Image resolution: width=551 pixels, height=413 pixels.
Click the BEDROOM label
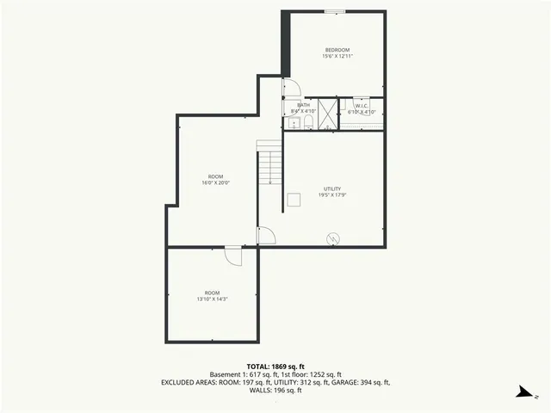[x=338, y=49]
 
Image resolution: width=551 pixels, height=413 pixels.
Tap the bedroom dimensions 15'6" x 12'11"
[x=338, y=56]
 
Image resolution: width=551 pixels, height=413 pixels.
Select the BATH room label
[x=304, y=105]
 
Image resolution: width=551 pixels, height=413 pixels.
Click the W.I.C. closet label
[x=362, y=105]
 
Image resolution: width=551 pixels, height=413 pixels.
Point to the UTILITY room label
[x=332, y=188]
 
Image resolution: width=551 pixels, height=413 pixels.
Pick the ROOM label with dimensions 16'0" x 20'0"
[x=215, y=176]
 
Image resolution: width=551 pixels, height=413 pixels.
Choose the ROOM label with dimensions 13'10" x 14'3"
[x=212, y=293]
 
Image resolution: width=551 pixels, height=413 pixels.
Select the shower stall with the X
[x=327, y=111]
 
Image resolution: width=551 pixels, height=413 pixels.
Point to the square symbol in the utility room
[x=294, y=200]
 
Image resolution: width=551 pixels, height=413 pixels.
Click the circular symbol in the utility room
[x=333, y=238]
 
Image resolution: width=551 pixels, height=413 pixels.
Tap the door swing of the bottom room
[x=234, y=256]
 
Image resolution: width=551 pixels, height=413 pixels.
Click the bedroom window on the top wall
[x=335, y=11]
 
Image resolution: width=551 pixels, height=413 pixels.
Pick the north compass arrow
[x=522, y=393]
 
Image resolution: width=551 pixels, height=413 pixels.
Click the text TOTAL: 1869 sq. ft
[x=275, y=366]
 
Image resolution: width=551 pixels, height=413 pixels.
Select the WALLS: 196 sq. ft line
[x=275, y=390]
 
